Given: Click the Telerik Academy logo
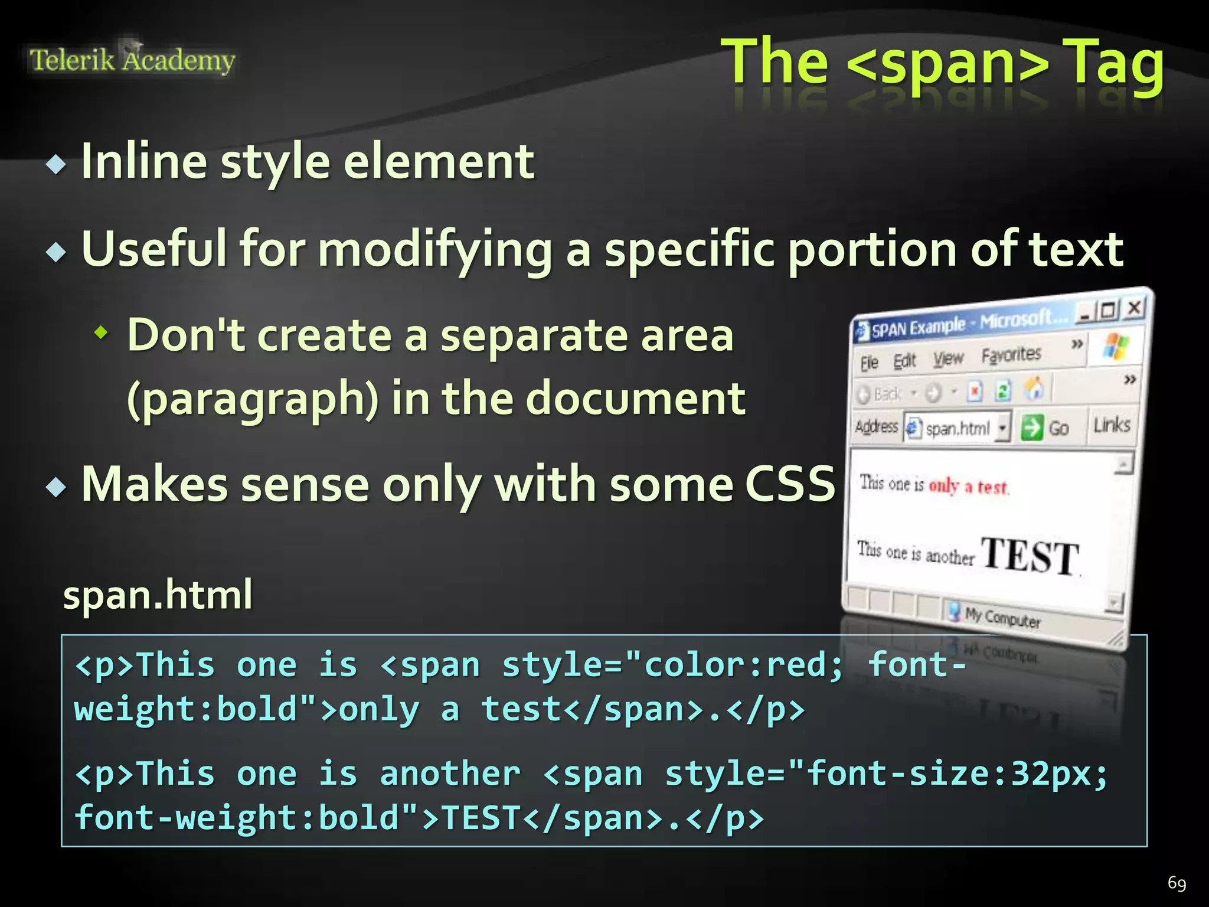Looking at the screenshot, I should [x=132, y=60].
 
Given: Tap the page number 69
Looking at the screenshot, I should [x=1177, y=883].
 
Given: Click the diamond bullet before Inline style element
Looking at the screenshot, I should [x=57, y=164].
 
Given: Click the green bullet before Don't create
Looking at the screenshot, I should [x=102, y=334].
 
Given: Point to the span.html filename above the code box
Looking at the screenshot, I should [x=158, y=595].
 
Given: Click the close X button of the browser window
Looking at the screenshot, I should [x=1134, y=308].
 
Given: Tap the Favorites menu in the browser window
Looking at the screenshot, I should [x=1011, y=355].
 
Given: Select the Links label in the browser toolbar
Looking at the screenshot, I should [x=1112, y=425].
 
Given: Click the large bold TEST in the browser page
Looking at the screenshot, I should [x=1030, y=556].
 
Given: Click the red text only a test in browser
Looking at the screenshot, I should [x=968, y=486].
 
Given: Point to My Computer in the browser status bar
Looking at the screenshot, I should [x=1002, y=617].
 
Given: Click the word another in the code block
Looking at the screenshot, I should [x=450, y=774].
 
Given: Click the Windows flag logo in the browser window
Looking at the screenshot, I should [x=1115, y=346].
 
